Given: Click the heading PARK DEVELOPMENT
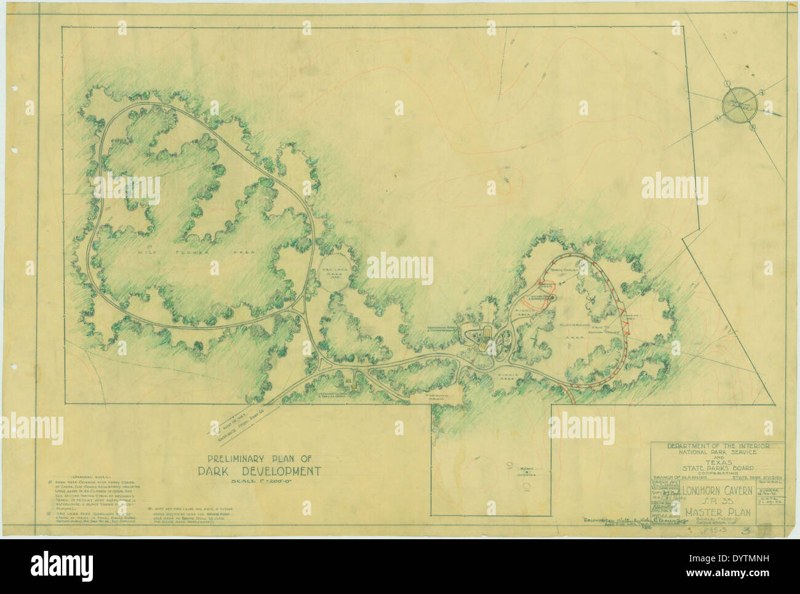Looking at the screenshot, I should click(x=259, y=472).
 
